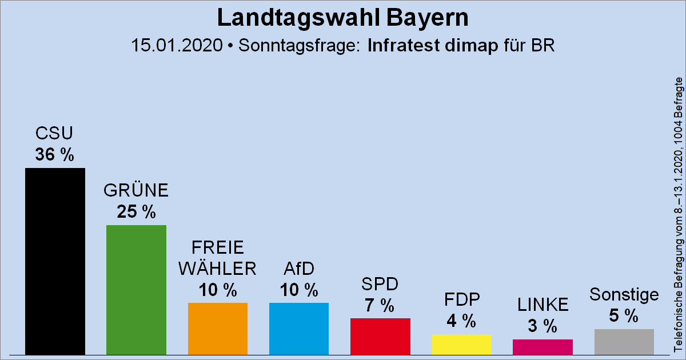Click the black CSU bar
55,261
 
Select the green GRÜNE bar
136,290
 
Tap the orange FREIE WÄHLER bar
218,329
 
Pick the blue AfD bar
299,329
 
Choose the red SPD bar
380,336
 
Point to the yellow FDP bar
461,344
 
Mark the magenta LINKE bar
543,347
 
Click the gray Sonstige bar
624,342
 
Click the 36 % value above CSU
55,154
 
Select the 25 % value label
136,212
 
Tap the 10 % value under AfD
299,290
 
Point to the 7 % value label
380,305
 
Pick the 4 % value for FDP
461,321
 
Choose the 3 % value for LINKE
543,326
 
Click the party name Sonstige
624,295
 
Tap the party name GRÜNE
136,190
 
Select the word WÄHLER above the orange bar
218,268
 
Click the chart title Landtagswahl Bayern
343,18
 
